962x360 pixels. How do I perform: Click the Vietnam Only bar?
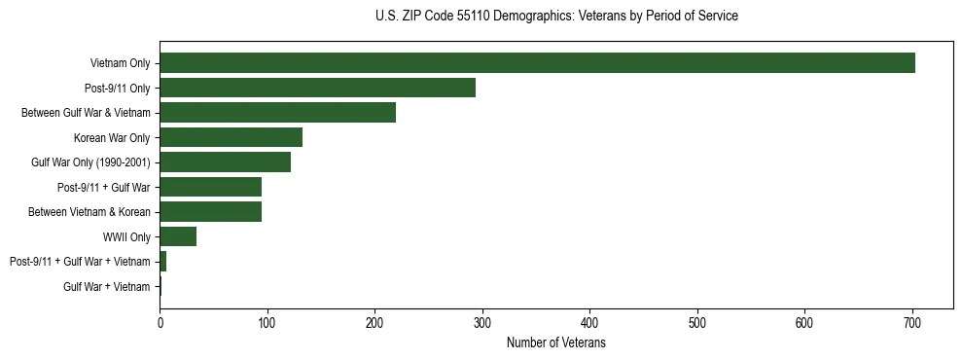[537, 63]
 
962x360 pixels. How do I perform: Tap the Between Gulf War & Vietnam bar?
[277, 113]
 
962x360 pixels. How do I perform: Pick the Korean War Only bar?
[231, 137]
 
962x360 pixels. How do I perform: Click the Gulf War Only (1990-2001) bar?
[225, 162]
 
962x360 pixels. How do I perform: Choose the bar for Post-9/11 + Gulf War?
[210, 187]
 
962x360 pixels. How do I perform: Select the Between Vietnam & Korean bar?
[210, 211]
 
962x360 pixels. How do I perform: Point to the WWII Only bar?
[178, 236]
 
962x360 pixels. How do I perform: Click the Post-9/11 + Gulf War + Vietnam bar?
[163, 261]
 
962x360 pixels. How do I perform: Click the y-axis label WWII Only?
[126, 236]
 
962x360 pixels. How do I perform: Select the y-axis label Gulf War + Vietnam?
[107, 286]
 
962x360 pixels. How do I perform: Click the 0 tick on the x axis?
[160, 323]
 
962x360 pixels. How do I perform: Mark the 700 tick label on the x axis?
[912, 323]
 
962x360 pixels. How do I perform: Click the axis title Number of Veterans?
[555, 343]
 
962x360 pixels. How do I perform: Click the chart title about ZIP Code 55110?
[555, 17]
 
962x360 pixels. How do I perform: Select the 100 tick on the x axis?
[267, 323]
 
